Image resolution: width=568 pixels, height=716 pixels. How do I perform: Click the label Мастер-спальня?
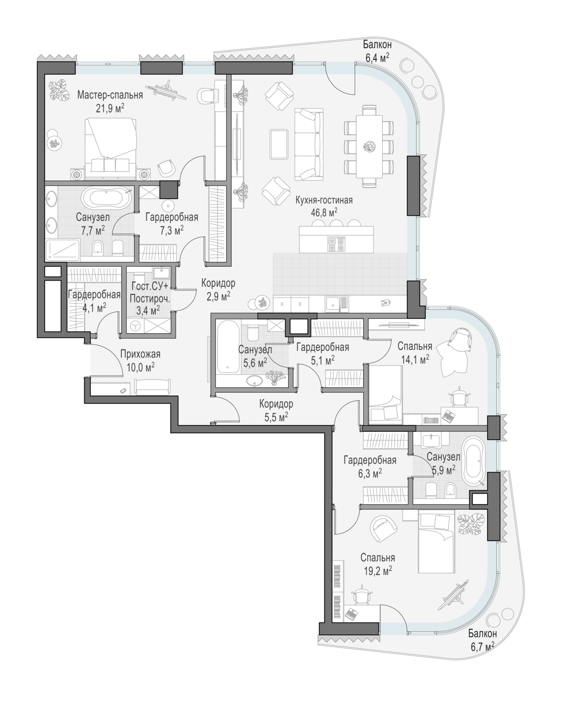110,95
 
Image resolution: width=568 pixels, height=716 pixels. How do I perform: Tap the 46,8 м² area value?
324,212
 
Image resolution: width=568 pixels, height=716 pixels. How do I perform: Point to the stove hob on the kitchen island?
336,244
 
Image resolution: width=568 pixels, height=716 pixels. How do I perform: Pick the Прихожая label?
140,354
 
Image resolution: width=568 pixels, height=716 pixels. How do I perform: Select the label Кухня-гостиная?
324,200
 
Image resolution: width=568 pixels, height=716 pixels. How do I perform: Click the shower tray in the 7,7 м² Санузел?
62,250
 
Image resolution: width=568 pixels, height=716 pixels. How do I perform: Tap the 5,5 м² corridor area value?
276,417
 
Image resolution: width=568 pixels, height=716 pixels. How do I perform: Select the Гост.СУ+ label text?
150,286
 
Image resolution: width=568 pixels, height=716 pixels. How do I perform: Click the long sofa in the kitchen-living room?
308,145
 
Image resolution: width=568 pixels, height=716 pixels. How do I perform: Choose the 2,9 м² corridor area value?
218,296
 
